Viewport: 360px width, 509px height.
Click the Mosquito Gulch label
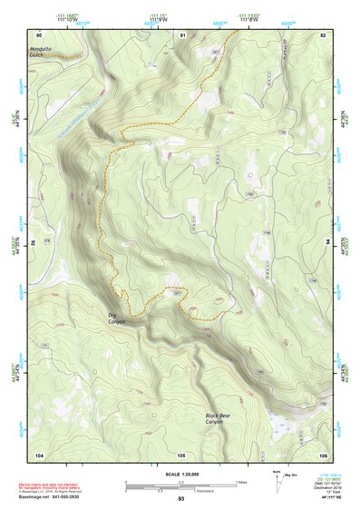point(43,49)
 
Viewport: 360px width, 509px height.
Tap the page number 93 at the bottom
point(180,498)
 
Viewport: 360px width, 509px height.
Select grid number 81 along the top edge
point(181,35)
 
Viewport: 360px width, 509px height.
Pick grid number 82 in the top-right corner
point(323,35)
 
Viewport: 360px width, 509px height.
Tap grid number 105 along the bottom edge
point(181,454)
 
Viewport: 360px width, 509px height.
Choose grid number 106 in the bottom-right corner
point(323,454)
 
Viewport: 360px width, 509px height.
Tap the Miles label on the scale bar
point(242,481)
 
